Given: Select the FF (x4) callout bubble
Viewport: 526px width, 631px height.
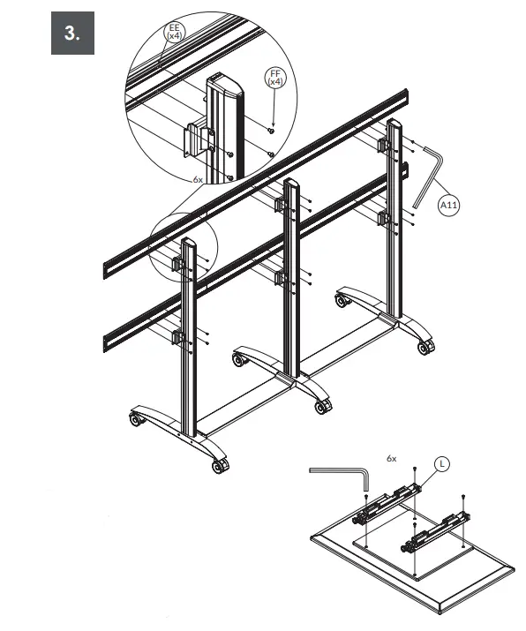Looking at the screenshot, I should (275, 77).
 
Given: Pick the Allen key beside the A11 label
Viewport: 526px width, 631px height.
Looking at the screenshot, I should (427, 175).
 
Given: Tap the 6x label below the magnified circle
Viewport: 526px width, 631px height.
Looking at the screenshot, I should (199, 178).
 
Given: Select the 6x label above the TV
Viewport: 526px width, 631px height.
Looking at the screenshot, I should (392, 459).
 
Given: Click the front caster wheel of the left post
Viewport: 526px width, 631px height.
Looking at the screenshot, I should (219, 465).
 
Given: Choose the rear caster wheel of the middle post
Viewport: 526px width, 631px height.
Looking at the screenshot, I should (237, 359).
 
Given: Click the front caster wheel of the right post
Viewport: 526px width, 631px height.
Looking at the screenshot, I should (425, 347).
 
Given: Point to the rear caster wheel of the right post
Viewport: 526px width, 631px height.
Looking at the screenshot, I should (341, 301).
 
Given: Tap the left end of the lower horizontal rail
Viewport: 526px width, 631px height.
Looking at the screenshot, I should (110, 336).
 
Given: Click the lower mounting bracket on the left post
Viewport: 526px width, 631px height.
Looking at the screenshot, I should (177, 336).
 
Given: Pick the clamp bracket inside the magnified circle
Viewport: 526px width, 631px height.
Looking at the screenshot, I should (197, 140).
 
